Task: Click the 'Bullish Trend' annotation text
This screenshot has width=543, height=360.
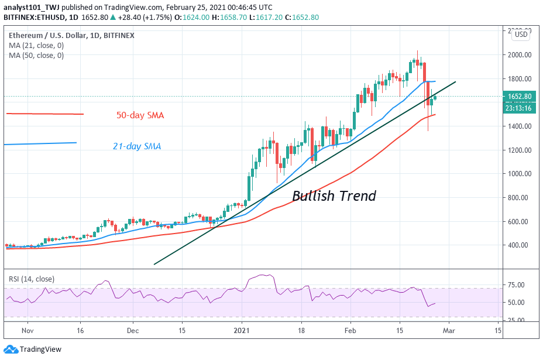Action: click(x=334, y=196)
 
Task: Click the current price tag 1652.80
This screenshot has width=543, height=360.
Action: click(x=519, y=97)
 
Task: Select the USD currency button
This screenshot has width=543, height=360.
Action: click(x=521, y=35)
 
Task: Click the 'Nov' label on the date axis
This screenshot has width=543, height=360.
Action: click(x=28, y=330)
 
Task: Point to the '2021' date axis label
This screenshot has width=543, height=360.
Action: click(x=242, y=330)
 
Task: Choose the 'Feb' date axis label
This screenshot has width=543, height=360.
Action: click(x=350, y=330)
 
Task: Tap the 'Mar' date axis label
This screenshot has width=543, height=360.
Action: click(x=449, y=330)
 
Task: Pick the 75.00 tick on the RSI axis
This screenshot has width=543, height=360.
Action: click(x=516, y=285)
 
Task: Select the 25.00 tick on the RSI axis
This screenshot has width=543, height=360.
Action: click(x=516, y=320)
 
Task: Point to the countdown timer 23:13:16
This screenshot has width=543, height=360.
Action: click(x=519, y=107)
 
